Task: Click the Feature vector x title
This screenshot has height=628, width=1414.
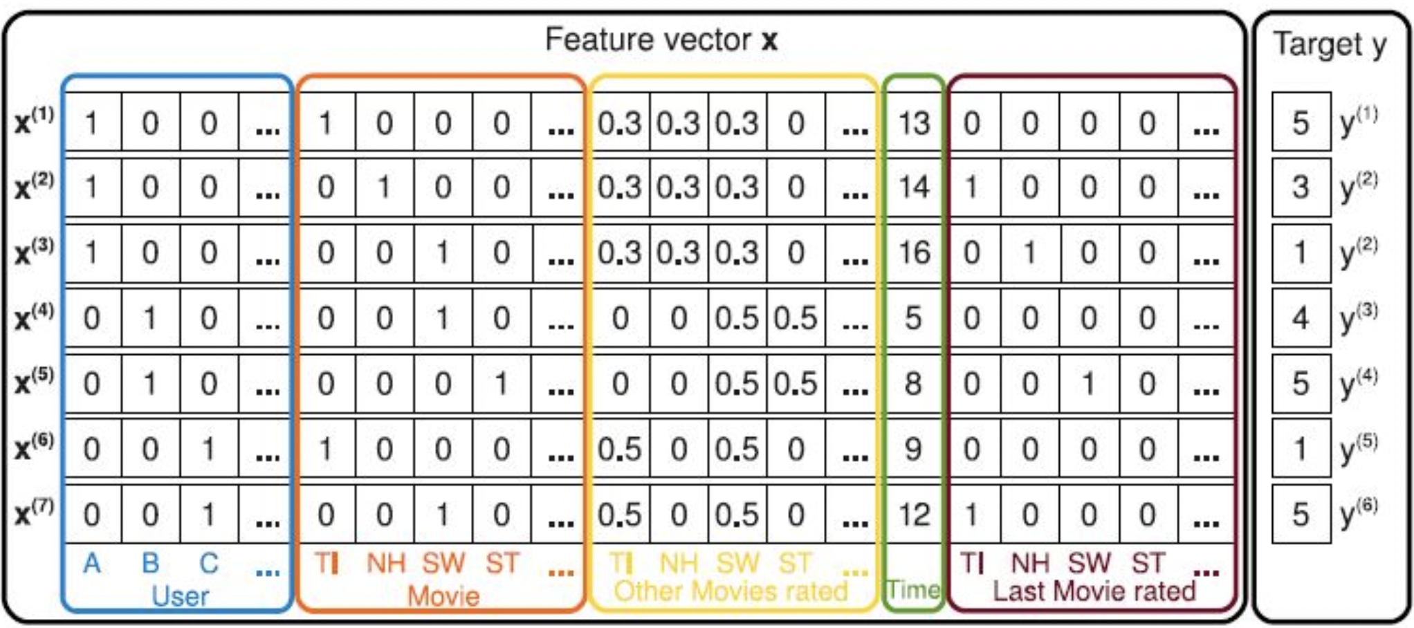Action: [x=661, y=39]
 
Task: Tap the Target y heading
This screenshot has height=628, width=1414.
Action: [x=1330, y=45]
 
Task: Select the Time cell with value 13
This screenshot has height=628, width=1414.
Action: [x=913, y=124]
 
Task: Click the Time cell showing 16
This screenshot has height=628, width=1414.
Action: [x=913, y=252]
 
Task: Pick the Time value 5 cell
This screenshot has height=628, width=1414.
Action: [x=913, y=318]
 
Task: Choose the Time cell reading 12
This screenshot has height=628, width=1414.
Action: [x=913, y=515]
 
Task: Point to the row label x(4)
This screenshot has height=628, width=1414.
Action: [x=34, y=317]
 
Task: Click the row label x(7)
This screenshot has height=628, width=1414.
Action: [x=34, y=514]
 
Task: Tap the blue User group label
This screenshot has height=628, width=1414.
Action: [x=180, y=596]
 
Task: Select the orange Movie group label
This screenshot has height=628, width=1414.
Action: [x=443, y=596]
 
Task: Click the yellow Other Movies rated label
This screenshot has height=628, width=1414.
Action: [x=731, y=591]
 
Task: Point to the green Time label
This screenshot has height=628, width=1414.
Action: [x=913, y=590]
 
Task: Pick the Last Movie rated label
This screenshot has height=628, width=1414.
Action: [x=1094, y=591]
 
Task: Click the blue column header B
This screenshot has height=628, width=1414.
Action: [x=150, y=564]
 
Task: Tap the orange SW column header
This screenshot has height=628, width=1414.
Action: [x=443, y=564]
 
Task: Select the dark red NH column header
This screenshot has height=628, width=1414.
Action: [x=1030, y=564]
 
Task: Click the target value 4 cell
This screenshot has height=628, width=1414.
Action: [x=1301, y=318]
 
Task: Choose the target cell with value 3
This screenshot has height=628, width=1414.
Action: [x=1301, y=187]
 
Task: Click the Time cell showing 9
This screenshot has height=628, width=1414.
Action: [x=913, y=450]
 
